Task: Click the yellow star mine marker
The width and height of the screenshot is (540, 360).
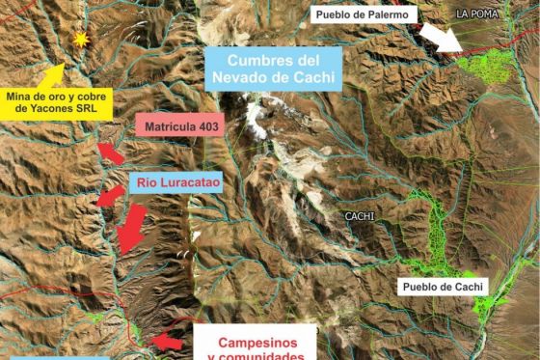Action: pos(81,40)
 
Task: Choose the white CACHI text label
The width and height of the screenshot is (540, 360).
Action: pos(359,216)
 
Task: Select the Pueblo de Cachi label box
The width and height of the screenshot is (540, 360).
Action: pos(445,287)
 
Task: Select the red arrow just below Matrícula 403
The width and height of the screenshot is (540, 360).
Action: pos(112,152)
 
